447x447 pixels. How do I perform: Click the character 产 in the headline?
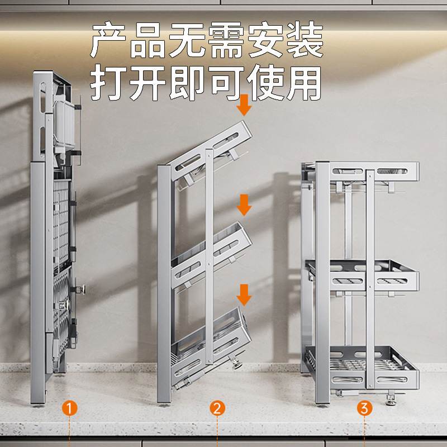click(110, 40)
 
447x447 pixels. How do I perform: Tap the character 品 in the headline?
click(151, 40)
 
